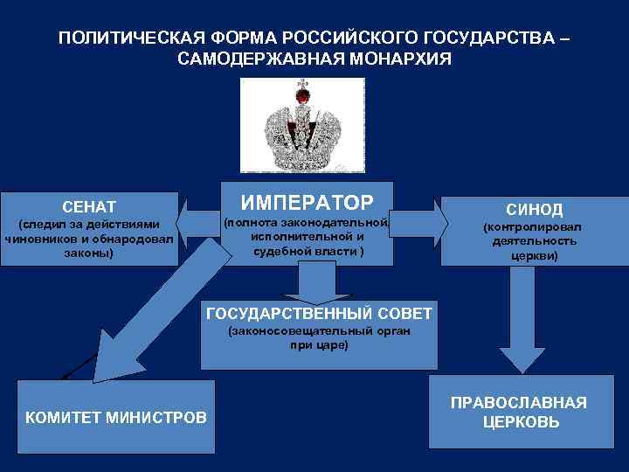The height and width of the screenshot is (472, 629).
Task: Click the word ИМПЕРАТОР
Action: (x=307, y=203)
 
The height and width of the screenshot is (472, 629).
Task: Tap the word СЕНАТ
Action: (x=89, y=207)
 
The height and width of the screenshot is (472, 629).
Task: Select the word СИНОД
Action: (x=535, y=210)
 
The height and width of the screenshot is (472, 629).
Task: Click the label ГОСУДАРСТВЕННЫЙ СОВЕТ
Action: (x=318, y=313)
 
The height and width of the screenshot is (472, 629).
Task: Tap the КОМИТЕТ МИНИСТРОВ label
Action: (x=116, y=418)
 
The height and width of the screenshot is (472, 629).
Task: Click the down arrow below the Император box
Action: (x=318, y=281)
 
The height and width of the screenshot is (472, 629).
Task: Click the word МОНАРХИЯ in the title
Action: (x=397, y=59)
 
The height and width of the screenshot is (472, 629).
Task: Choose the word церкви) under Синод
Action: (x=534, y=256)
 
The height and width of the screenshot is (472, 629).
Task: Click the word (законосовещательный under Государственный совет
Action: (x=282, y=331)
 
